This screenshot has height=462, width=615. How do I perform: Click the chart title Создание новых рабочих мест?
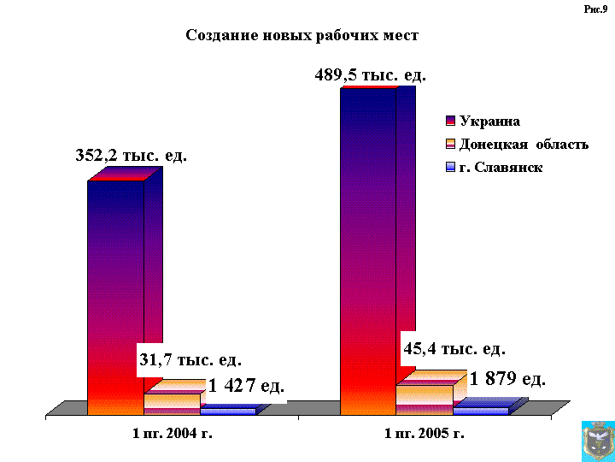click(302, 36)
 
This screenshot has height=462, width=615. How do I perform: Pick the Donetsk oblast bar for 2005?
click(424, 399)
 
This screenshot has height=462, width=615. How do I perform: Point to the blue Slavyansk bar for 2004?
click(227, 411)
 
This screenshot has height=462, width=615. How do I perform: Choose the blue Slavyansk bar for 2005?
click(480, 411)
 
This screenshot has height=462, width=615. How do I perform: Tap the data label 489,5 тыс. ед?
click(370, 75)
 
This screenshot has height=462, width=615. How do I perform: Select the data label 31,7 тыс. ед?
click(190, 360)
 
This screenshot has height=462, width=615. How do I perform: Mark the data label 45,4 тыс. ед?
click(454, 349)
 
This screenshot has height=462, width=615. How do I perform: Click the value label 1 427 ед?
click(246, 386)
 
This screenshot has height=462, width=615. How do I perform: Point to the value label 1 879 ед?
click(507, 379)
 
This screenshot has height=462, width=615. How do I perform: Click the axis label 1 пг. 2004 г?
click(172, 434)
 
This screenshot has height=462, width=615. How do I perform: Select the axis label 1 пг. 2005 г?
click(425, 434)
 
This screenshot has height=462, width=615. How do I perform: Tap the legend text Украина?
click(489, 121)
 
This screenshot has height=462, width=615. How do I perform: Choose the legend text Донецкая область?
click(524, 144)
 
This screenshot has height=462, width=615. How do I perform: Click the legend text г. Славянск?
click(501, 168)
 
